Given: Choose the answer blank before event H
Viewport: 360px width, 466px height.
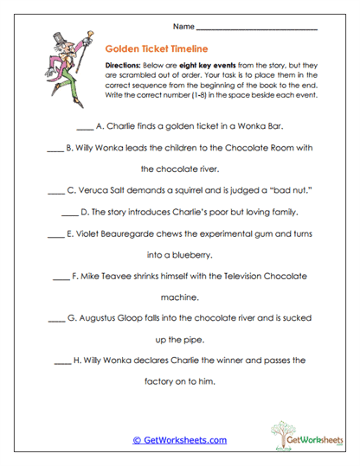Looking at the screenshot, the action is (62, 360).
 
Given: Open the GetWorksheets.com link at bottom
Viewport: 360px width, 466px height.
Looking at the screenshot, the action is (179, 440).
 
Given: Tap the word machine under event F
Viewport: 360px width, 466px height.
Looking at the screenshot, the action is (180, 297).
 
